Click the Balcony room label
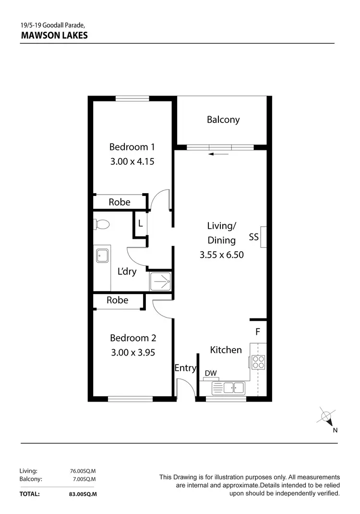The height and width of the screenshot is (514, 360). (x=223, y=120)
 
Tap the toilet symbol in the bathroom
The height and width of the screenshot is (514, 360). (x=102, y=224)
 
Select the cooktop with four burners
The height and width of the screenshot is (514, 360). (x=257, y=361)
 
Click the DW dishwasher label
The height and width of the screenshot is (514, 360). (x=211, y=373)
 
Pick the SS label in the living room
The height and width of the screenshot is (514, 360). (x=254, y=237)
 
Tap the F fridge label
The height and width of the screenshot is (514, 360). (x=258, y=331)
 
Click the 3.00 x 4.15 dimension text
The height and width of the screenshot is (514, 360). (x=132, y=161)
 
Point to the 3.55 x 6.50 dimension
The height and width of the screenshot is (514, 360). (x=222, y=255)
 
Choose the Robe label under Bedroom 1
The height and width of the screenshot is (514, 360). (x=120, y=202)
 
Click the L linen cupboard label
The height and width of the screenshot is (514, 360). (x=140, y=223)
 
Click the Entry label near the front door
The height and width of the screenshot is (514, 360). (x=185, y=368)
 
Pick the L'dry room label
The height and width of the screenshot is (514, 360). (x=127, y=271)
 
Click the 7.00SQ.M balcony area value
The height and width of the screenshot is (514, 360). (x=84, y=479)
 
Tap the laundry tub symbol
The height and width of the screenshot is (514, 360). (x=102, y=256)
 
